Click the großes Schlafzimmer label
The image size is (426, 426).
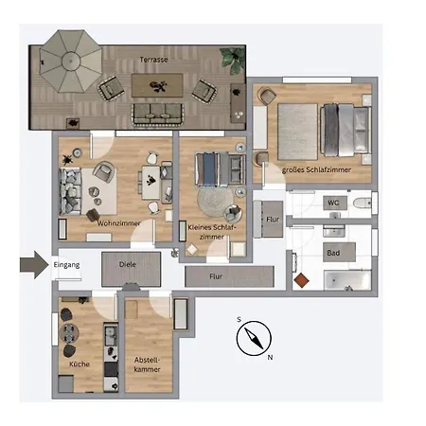coord(316,170)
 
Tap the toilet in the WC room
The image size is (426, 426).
coord(359,204)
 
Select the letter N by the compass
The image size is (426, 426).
coord(270,357)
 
